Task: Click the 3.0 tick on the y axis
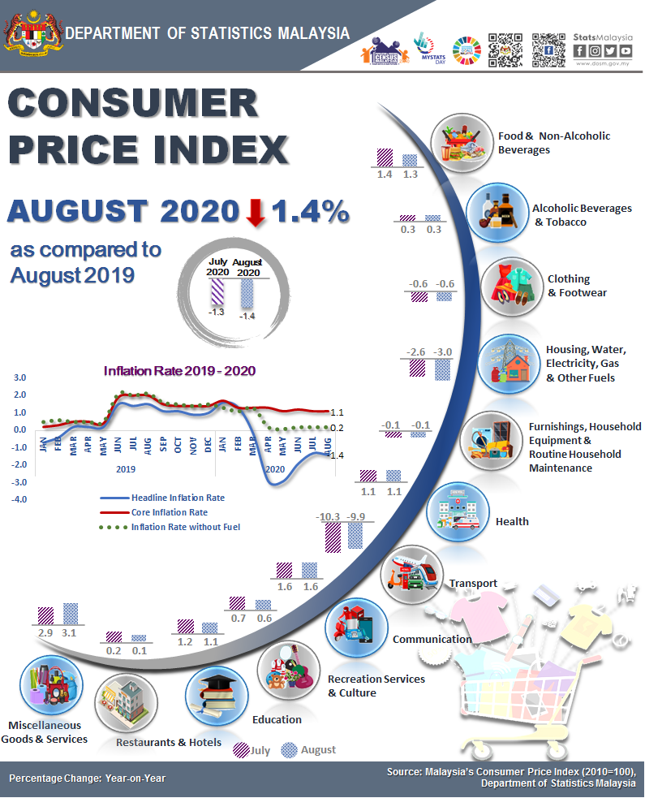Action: [20, 377]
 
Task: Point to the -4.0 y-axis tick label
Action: [19, 499]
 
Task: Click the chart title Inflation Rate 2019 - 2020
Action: [179, 370]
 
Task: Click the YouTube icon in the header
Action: [625, 51]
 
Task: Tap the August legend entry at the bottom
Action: [308, 750]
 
